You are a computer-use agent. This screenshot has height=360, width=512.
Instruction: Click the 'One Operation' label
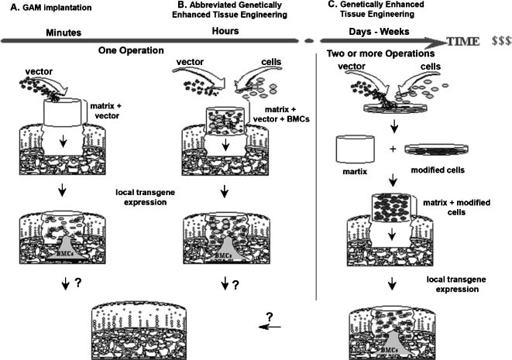[x=129, y=50]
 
